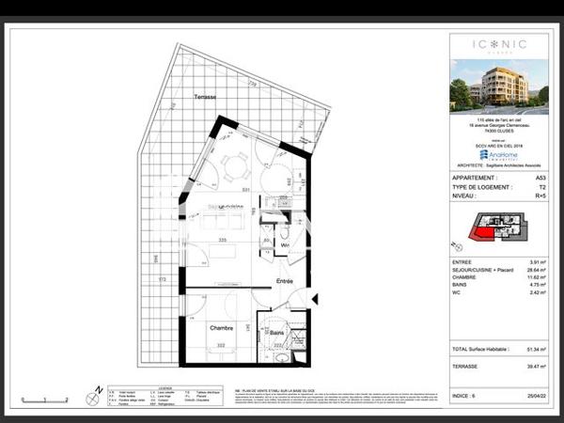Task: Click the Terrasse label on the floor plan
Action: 204,98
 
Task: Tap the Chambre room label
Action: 221,328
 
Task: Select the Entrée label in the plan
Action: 284,281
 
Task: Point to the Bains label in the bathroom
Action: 277,332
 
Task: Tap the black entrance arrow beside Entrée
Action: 316,299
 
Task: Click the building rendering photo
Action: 498,86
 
